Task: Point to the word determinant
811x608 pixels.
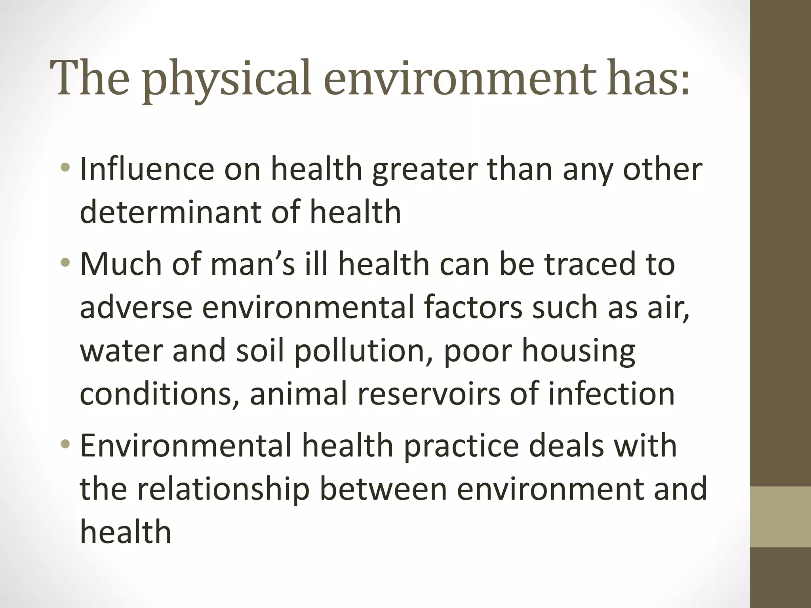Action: [x=171, y=212]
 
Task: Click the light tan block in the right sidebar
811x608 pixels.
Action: [x=781, y=517]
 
